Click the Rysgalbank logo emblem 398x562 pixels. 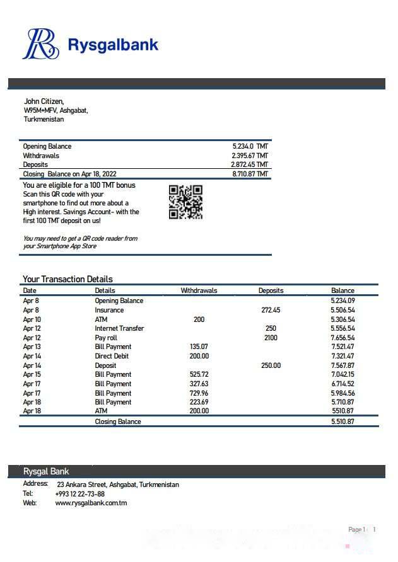pos(41,44)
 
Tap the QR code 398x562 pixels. pos(185,202)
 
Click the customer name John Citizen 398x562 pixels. pos(44,101)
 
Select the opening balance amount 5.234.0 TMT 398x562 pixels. pos(250,146)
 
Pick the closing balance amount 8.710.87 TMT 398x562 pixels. pos(250,174)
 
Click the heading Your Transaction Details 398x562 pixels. pos(67,279)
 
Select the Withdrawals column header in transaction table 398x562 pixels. pos(199,290)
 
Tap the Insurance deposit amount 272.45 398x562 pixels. pos(271,310)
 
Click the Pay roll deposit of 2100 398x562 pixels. pos(271,338)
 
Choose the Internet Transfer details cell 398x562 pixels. pos(119,328)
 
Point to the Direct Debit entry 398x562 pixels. pos(113,356)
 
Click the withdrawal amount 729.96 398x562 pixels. pos(199,393)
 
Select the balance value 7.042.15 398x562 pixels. pos(342,374)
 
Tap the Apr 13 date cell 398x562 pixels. pos(32,347)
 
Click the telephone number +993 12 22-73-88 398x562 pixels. pos(80,494)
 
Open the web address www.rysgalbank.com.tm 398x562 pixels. pos(91,503)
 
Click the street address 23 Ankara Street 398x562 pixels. pos(117,485)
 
